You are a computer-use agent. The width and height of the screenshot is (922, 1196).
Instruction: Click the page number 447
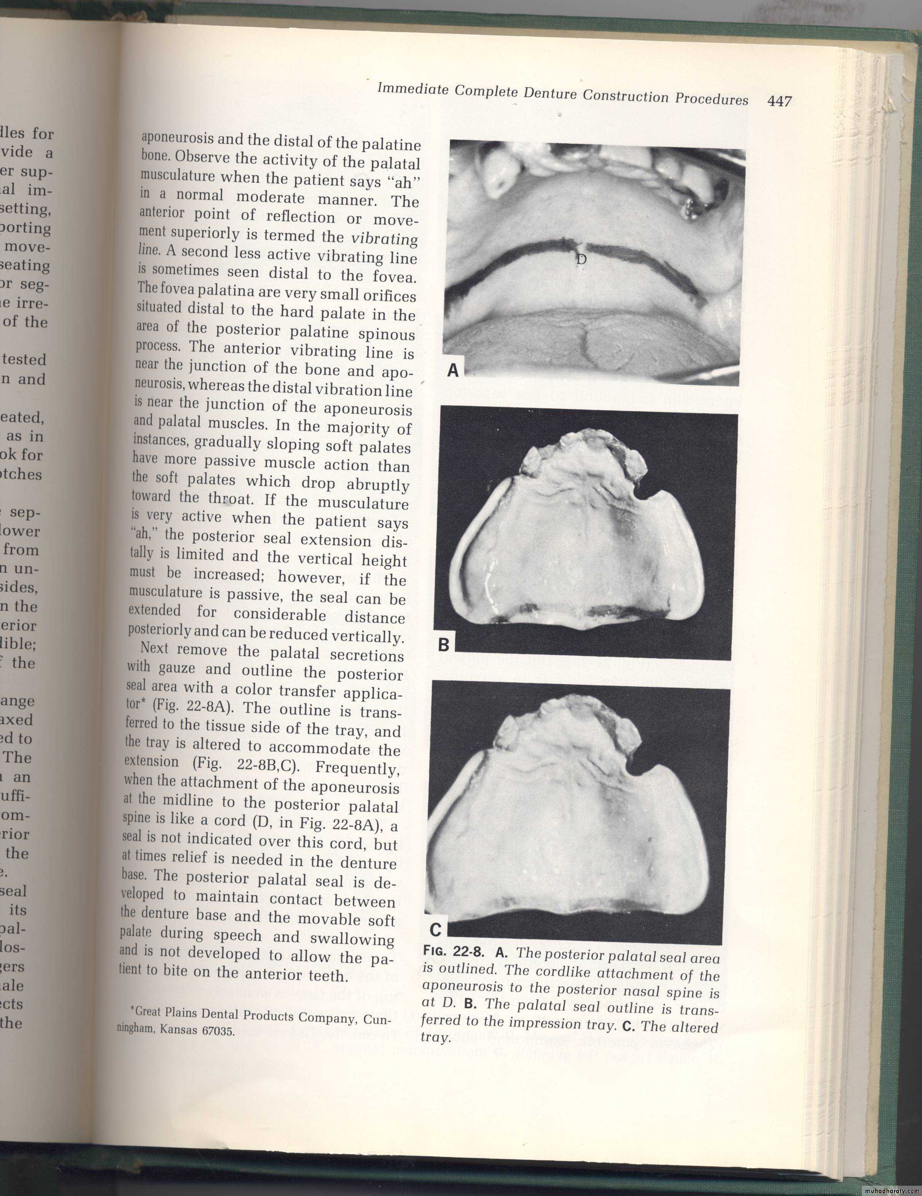780,101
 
